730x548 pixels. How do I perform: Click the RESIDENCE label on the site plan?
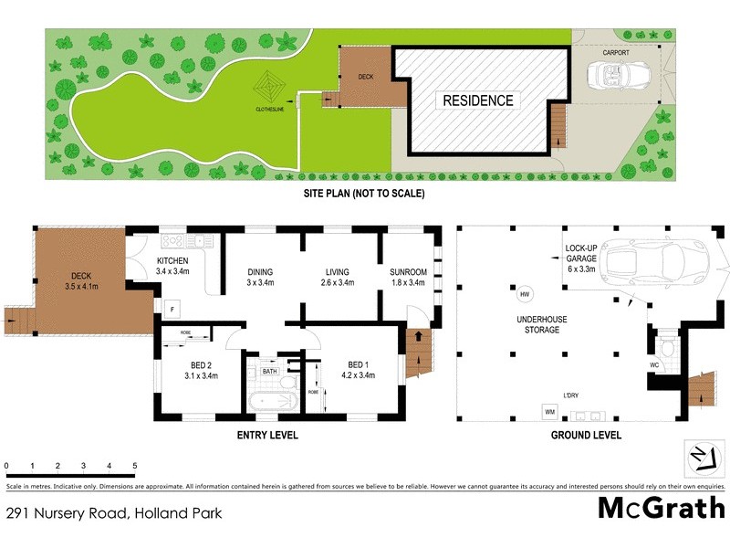tap(478, 100)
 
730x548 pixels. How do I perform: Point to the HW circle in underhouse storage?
tap(525, 295)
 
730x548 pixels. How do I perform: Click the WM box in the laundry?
tap(549, 413)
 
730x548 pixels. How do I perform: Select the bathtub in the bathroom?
tap(272, 401)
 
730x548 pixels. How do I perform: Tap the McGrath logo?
tap(661, 507)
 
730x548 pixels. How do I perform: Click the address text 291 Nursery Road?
tap(114, 513)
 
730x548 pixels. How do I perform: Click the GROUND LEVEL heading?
tap(586, 436)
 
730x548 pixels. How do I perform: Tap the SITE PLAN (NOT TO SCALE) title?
tap(364, 194)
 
